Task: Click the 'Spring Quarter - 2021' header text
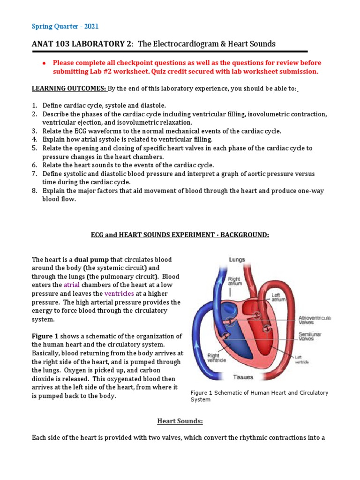[65, 26]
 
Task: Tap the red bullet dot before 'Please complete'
[43, 63]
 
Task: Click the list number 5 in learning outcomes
[34, 148]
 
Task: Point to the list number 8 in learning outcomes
[34, 191]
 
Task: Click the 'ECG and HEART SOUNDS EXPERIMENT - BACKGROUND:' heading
[180, 234]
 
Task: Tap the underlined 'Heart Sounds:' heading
[180, 421]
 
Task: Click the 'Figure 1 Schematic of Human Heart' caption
[259, 396]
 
